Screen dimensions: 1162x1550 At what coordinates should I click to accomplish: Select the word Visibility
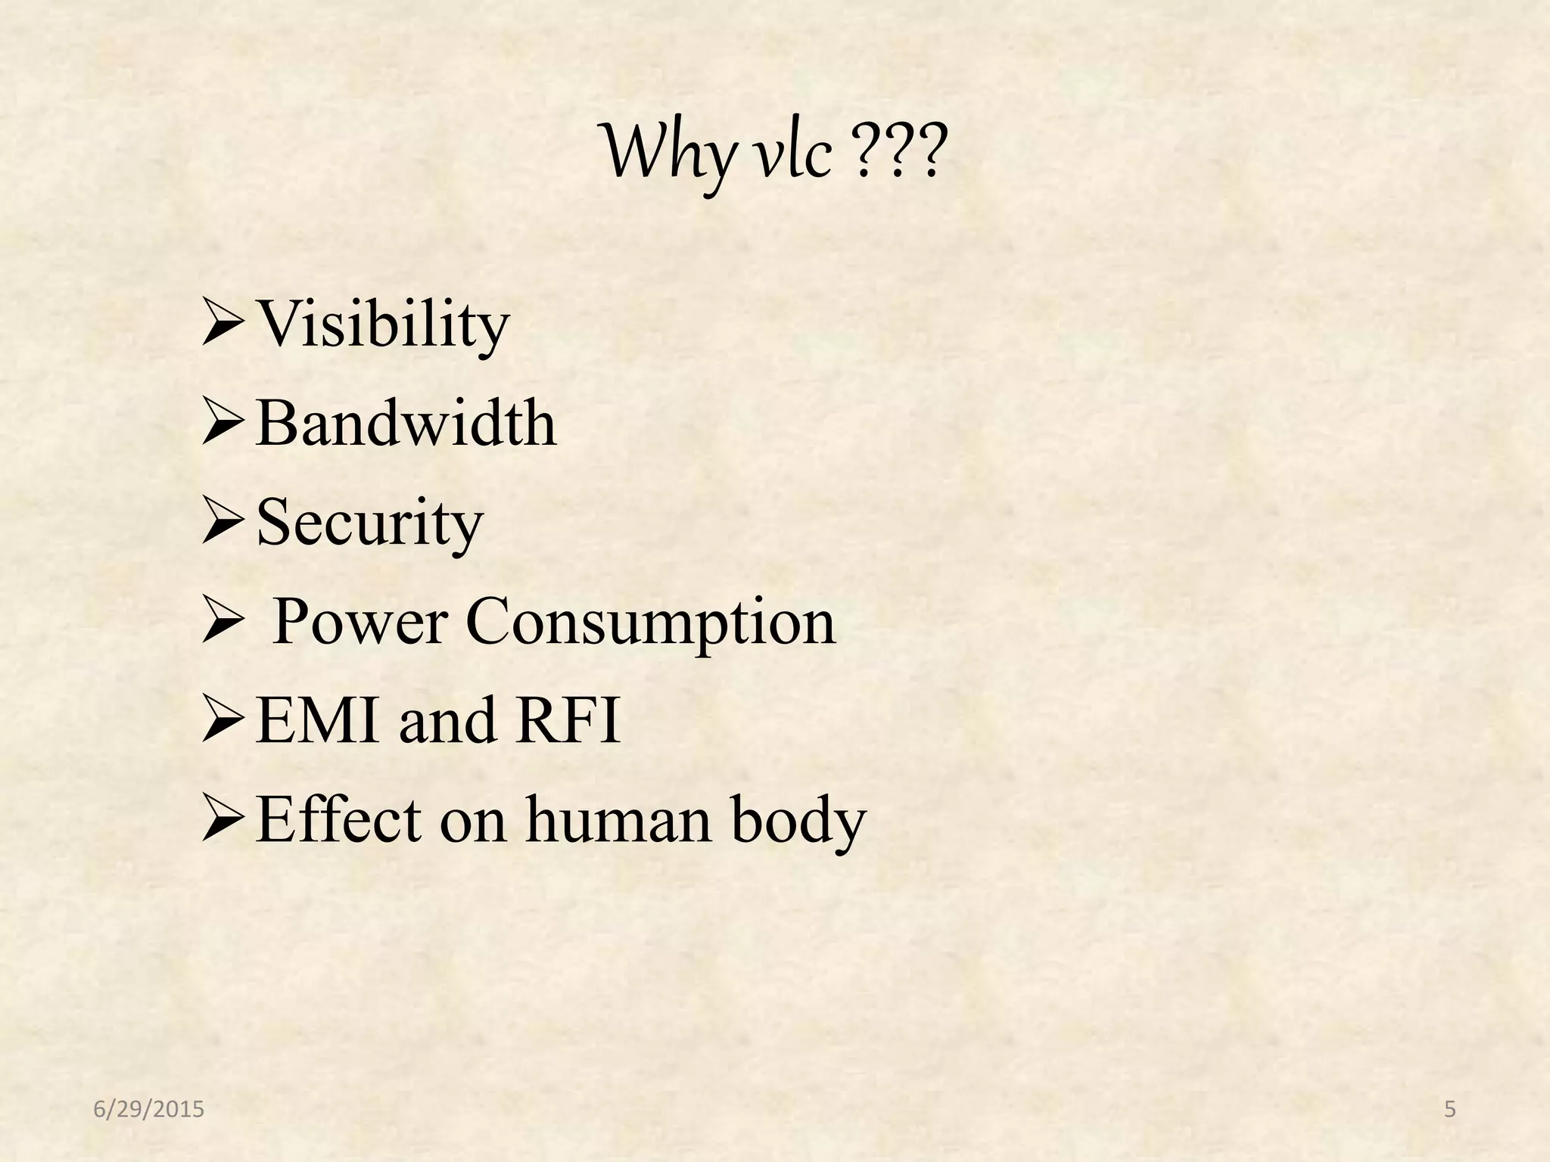click(x=382, y=325)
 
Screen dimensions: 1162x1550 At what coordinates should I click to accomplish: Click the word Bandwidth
click(x=406, y=423)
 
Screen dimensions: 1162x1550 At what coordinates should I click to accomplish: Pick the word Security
click(x=369, y=523)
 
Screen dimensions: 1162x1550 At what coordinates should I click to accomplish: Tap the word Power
click(x=359, y=621)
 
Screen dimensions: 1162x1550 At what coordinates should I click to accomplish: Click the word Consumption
click(x=650, y=623)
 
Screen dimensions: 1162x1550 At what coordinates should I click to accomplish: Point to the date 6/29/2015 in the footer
click(x=149, y=1110)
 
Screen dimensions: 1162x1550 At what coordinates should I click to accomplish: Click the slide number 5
click(x=1449, y=1110)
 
